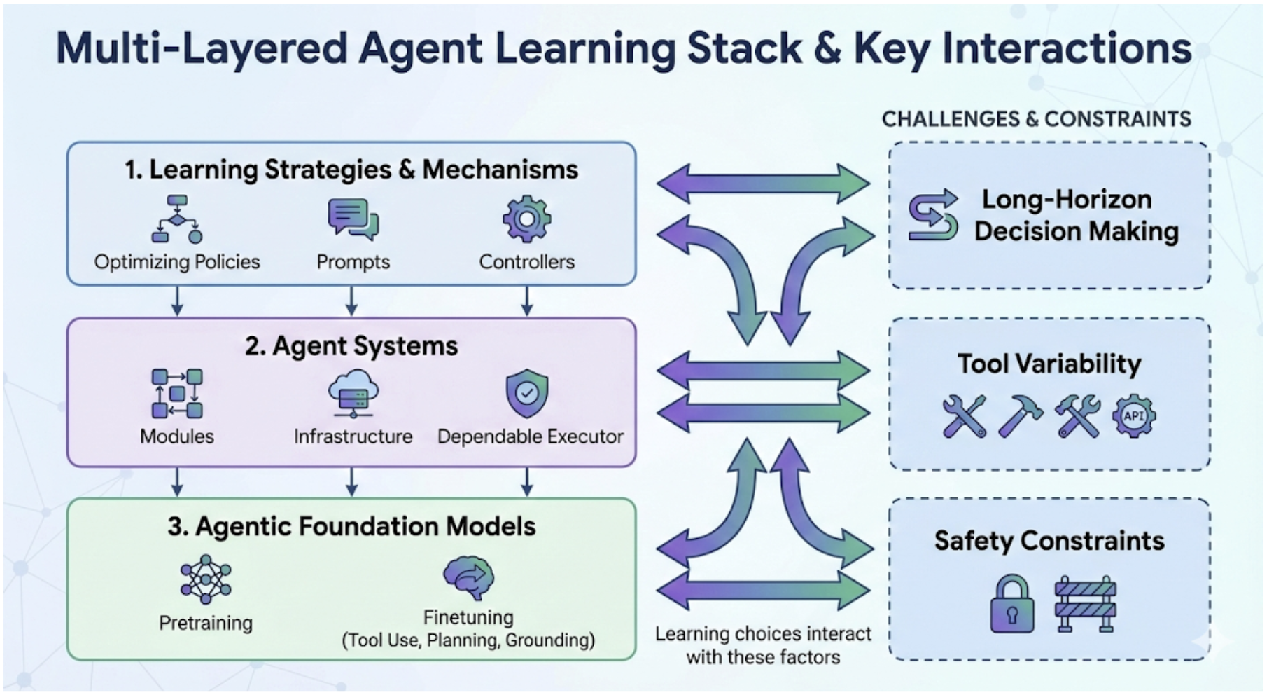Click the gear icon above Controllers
[527, 219]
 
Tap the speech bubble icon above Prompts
[353, 219]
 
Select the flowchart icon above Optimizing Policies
[177, 219]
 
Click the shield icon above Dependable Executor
[527, 393]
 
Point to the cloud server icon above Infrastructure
[353, 393]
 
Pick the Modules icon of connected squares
[177, 393]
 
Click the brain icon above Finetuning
[469, 577]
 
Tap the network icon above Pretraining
[205, 579]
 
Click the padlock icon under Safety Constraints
[1012, 604]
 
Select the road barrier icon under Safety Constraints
[1086, 604]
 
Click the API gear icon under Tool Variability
[1134, 415]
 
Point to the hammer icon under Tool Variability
[1021, 416]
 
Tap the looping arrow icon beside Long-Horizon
[933, 215]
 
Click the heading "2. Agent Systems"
[351, 346]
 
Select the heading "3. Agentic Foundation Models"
[351, 526]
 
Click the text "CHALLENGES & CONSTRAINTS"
[1036, 119]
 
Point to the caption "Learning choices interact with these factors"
[763, 645]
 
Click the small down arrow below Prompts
[352, 301]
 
